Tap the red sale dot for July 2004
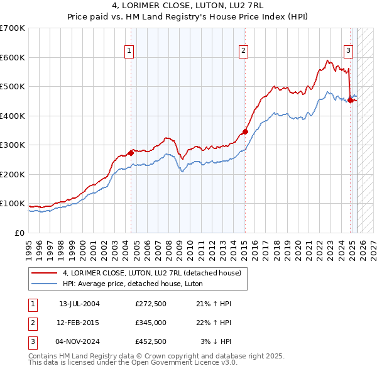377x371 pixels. pos(131,153)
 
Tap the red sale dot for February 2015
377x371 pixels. pos(245,132)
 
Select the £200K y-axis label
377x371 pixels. pos(14,174)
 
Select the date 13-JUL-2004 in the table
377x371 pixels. pos(79,304)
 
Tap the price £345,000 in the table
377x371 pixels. pos(151,323)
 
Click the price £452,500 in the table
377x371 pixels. pos(151,341)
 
